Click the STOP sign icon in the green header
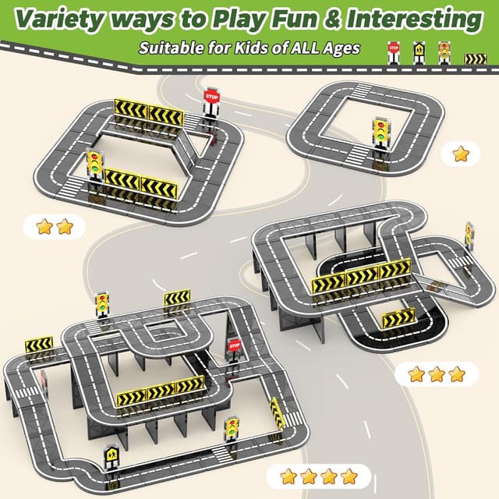point(395,51)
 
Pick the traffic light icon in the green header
point(444,51)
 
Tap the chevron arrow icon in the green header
point(475,58)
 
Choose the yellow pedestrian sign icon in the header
point(419,51)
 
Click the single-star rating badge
point(461,154)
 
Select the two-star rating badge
point(54,227)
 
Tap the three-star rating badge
point(436,374)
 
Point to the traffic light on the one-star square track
point(381,131)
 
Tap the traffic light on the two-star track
point(96,168)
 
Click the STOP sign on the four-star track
point(234,348)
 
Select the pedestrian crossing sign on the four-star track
point(111,456)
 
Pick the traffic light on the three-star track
point(469,234)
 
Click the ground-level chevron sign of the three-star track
point(398,318)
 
